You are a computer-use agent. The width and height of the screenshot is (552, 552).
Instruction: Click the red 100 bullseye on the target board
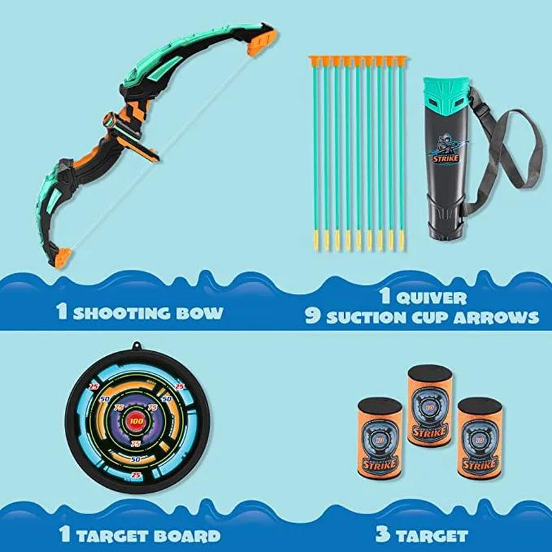point(136,420)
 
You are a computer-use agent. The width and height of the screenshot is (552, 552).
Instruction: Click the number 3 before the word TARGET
point(380,535)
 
